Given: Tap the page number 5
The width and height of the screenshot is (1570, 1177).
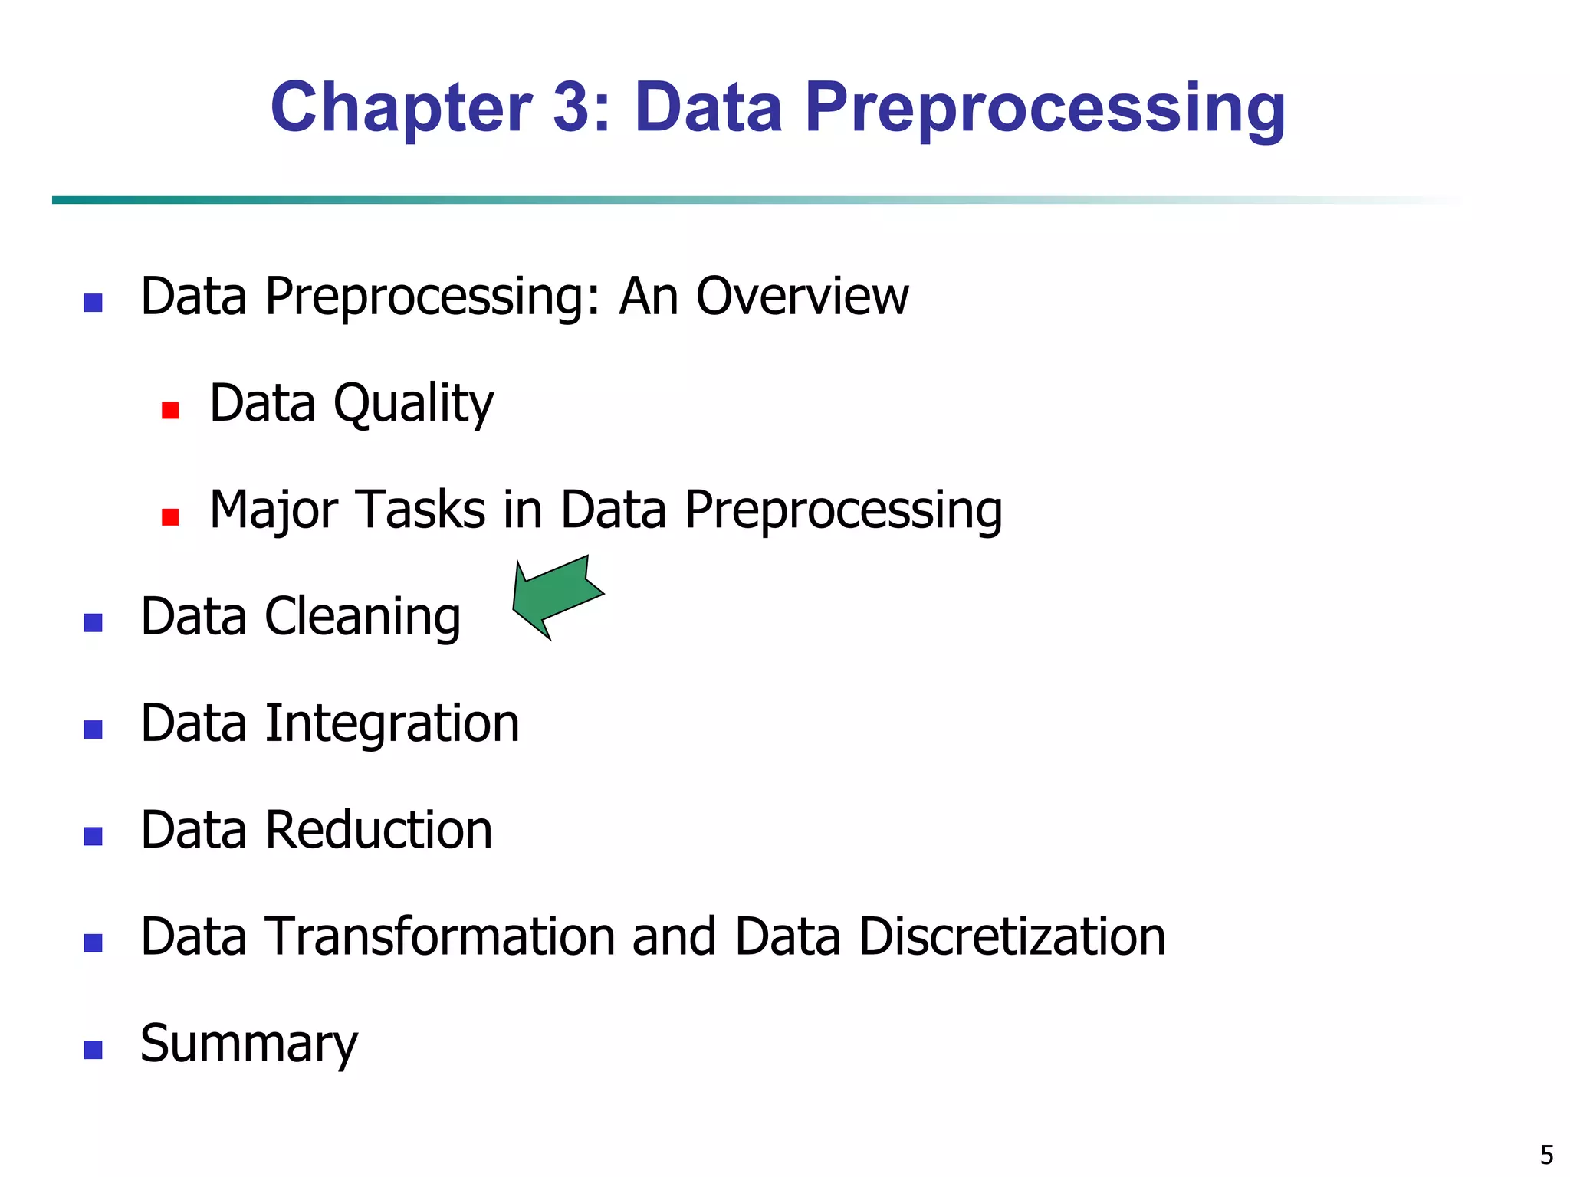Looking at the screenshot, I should (1546, 1154).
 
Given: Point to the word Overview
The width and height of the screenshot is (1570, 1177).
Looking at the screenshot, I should (802, 297).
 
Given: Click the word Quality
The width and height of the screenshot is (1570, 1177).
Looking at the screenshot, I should (413, 404).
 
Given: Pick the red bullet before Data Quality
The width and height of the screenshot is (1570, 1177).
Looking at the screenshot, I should (170, 411).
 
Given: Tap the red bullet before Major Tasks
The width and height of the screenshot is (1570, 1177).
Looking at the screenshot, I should (170, 517).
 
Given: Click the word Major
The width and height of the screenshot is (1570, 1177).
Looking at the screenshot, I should (272, 511).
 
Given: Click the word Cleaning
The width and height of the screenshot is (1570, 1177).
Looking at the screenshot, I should (363, 618).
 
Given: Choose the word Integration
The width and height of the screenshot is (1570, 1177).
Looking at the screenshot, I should (392, 725).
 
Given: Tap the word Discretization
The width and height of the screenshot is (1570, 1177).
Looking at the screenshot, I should (1012, 937).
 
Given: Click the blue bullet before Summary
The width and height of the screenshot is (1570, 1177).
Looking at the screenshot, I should (93, 1050).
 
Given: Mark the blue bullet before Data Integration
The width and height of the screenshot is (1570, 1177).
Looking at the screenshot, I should (93, 729).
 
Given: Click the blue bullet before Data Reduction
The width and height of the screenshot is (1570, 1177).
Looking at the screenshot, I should (93, 836).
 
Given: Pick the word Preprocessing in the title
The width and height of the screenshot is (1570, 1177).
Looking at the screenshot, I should (1045, 108).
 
